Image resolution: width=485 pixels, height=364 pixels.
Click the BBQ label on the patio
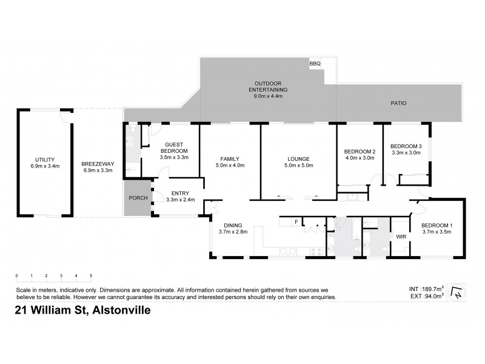coord(314,63)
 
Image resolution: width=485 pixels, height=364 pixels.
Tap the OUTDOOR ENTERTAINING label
coord(267,87)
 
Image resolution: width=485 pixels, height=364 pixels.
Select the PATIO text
coord(398,103)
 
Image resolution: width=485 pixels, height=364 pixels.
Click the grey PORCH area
coord(136,198)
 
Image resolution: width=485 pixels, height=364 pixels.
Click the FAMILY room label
coord(230,158)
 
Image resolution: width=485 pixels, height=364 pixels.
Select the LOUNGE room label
coord(299,158)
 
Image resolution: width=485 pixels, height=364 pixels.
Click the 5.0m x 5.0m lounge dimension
coord(299,165)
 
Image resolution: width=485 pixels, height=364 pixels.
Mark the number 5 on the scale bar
coord(91,276)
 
